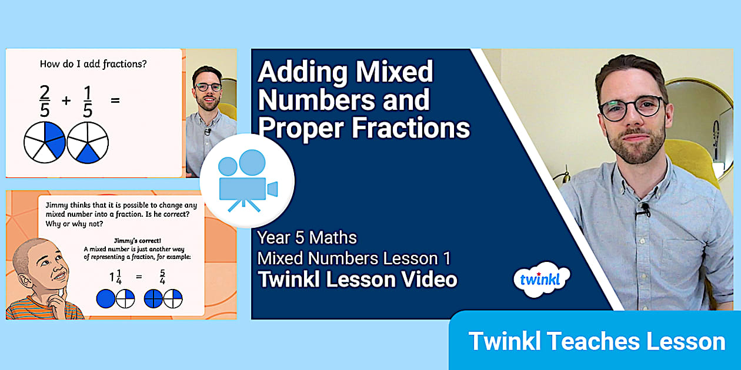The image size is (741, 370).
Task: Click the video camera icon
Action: point(247,181)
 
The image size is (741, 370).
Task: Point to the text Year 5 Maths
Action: point(307,238)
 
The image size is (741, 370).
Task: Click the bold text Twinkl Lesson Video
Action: point(357,280)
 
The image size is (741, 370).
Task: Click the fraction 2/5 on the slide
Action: point(45,100)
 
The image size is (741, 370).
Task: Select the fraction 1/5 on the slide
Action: point(87,100)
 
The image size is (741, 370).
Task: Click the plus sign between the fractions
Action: point(66,100)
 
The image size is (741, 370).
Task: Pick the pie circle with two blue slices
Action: point(45,142)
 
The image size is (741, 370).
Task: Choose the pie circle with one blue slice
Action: point(88,142)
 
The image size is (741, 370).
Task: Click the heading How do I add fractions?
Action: point(93,64)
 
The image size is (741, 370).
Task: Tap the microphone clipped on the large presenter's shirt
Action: point(646,208)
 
